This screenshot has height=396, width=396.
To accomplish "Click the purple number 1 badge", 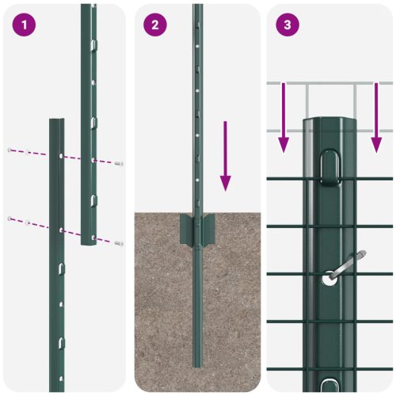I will pyautogui.click(x=25, y=25).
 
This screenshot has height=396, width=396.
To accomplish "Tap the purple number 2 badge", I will pyautogui.click(x=155, y=25).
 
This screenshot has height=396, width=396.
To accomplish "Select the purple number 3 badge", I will pyautogui.click(x=287, y=25).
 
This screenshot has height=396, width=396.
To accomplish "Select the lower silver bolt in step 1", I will pyautogui.click(x=119, y=243).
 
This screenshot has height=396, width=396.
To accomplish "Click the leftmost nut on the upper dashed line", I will pyautogui.click(x=10, y=149).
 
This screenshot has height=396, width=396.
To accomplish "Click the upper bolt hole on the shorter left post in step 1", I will pyautogui.click(x=61, y=156).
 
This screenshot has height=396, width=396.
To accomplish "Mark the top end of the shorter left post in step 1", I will pyautogui.click(x=57, y=121).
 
